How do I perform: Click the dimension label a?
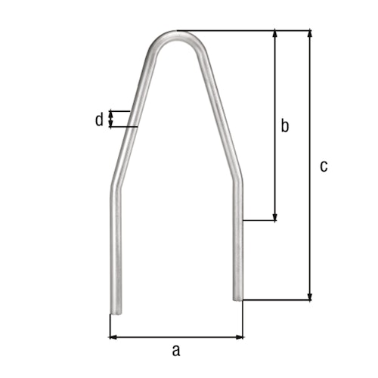[x=176, y=349]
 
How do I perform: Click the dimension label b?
[x=284, y=125]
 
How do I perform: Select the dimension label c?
[x=324, y=166]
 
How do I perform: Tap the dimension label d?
[x=98, y=119]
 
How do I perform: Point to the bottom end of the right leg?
[x=238, y=298]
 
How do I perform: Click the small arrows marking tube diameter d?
[x=112, y=119]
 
